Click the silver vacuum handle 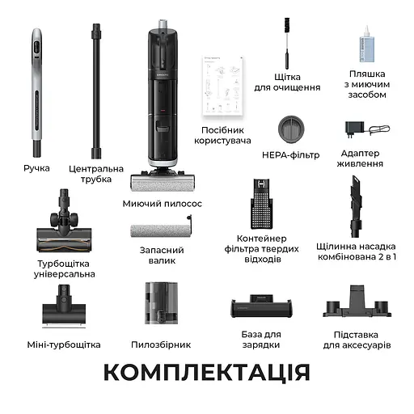(x=36, y=93)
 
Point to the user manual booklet (x=222, y=84)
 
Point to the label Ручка (x=36, y=168)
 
